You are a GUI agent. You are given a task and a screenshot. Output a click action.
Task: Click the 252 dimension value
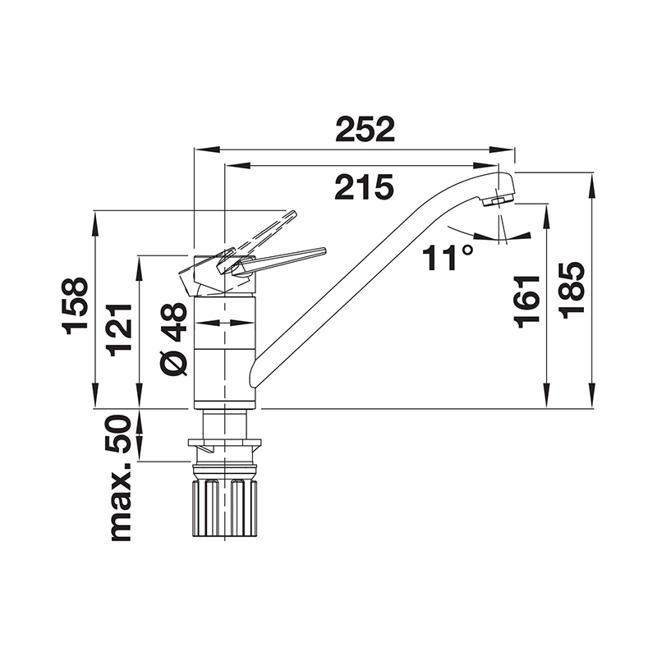pos(365,129)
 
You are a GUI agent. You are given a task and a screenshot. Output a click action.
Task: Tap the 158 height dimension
pos(76,306)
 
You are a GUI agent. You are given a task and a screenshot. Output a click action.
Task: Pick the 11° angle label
pos(448,258)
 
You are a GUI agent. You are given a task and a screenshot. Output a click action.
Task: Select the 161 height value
pos(526,301)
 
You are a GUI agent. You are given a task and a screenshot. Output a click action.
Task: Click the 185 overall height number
pos(572,292)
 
